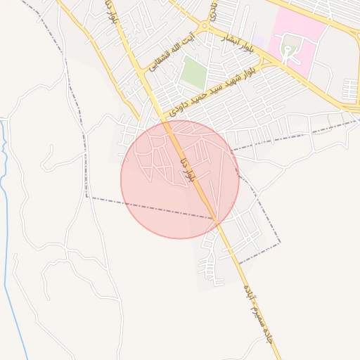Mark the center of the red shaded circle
(x=179, y=179)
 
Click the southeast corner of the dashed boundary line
(x=280, y=243)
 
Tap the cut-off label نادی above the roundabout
(x=212, y=10)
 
